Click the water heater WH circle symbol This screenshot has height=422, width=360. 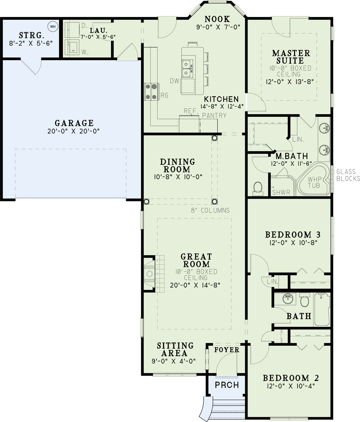coord(53,27)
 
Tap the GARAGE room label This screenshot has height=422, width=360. coord(74,123)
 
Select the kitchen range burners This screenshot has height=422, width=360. coord(151,92)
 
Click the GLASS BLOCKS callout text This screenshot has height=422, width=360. coord(348,175)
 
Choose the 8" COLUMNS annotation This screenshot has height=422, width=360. coord(210,210)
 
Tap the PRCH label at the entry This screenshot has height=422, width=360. coord(227,385)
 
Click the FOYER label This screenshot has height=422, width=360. coord(227,350)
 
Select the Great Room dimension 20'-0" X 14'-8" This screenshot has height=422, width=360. coord(195,285)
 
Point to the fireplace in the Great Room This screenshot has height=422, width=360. coord(150,274)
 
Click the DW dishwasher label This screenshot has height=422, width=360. coord(174,81)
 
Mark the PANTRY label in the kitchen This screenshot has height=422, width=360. coord(214,116)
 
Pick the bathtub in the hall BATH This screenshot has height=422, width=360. coord(322,309)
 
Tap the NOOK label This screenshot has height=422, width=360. coord(217,19)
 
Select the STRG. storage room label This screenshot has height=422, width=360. coord(31,35)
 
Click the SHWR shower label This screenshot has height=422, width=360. coord(281,193)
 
